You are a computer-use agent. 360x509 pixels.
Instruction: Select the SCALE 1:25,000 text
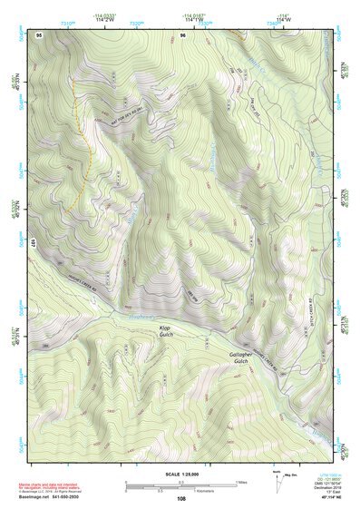pyautogui.click(x=182, y=475)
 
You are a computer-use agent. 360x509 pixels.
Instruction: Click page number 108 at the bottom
pyautogui.click(x=181, y=499)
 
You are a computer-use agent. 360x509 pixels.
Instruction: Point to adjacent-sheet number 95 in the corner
pyautogui.click(x=39, y=34)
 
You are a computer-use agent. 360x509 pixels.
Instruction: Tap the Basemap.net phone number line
pyautogui.click(x=51, y=496)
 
